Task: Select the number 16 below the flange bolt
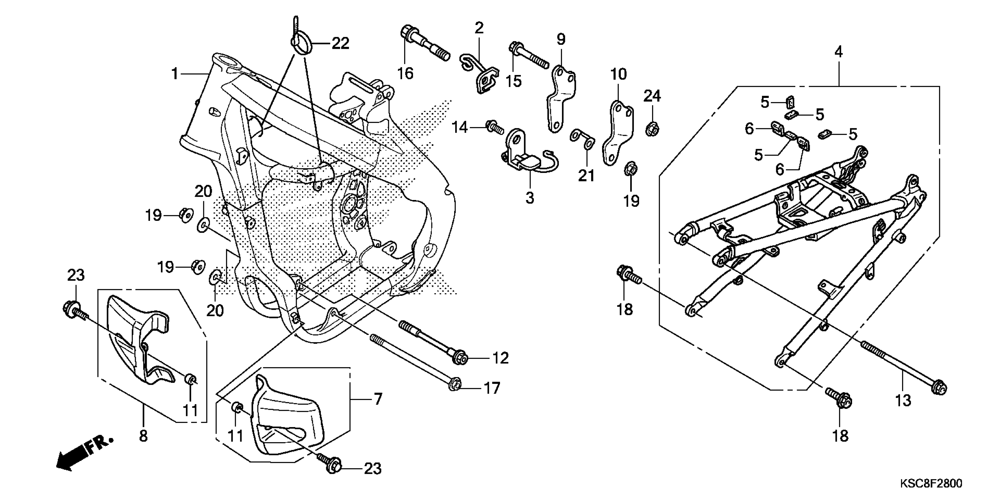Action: [406, 73]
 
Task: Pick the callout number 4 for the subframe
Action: [839, 52]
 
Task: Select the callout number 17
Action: [491, 389]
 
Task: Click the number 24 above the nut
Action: [652, 96]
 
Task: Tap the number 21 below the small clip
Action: [586, 176]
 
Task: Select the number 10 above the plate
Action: [619, 74]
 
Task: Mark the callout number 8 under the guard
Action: [143, 436]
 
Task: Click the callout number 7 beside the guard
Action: [378, 399]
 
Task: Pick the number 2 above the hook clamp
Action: [479, 28]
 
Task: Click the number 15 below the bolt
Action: [513, 81]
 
